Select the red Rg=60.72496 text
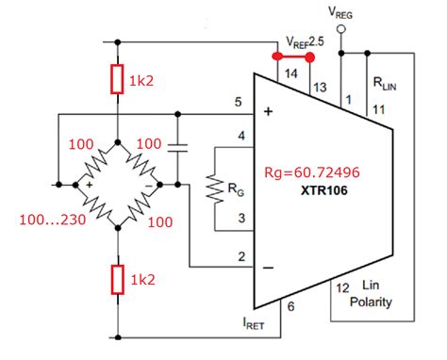[x=320, y=174]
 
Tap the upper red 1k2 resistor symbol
[x=118, y=80]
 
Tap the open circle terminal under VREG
[x=341, y=30]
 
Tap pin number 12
[x=344, y=287]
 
